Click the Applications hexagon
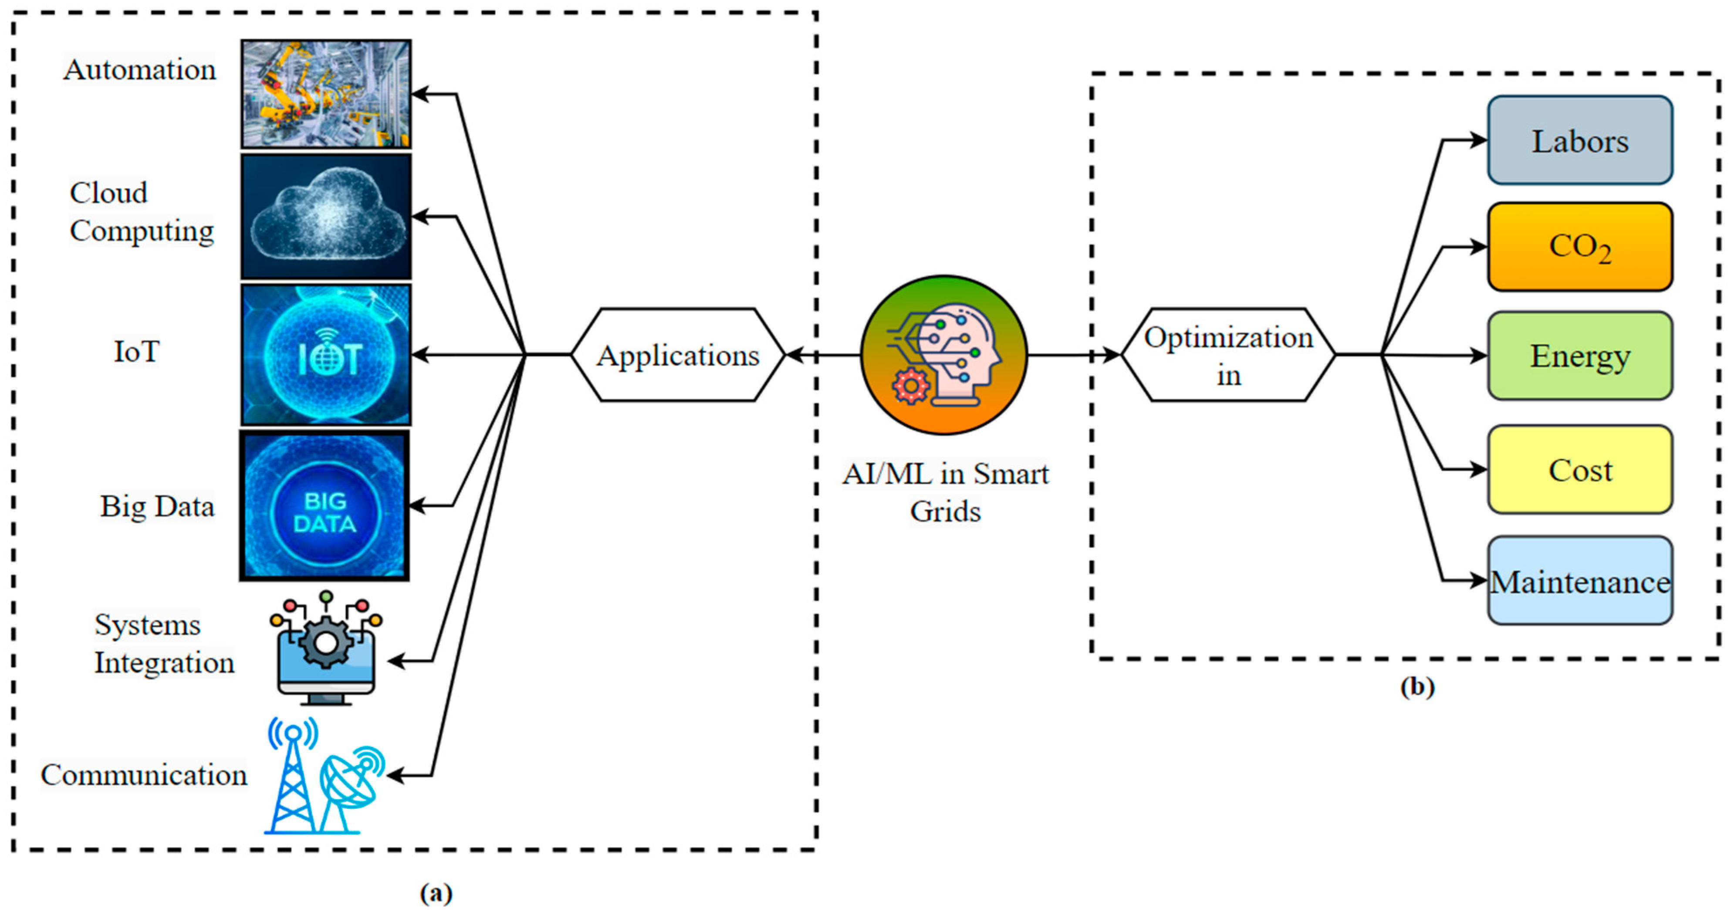click(x=677, y=355)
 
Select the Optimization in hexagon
click(x=1228, y=355)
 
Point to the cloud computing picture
click(x=326, y=217)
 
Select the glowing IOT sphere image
click(x=326, y=354)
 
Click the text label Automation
click(x=140, y=70)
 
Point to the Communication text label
click(x=144, y=775)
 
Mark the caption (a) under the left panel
click(x=436, y=893)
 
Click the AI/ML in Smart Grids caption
click(x=945, y=492)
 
